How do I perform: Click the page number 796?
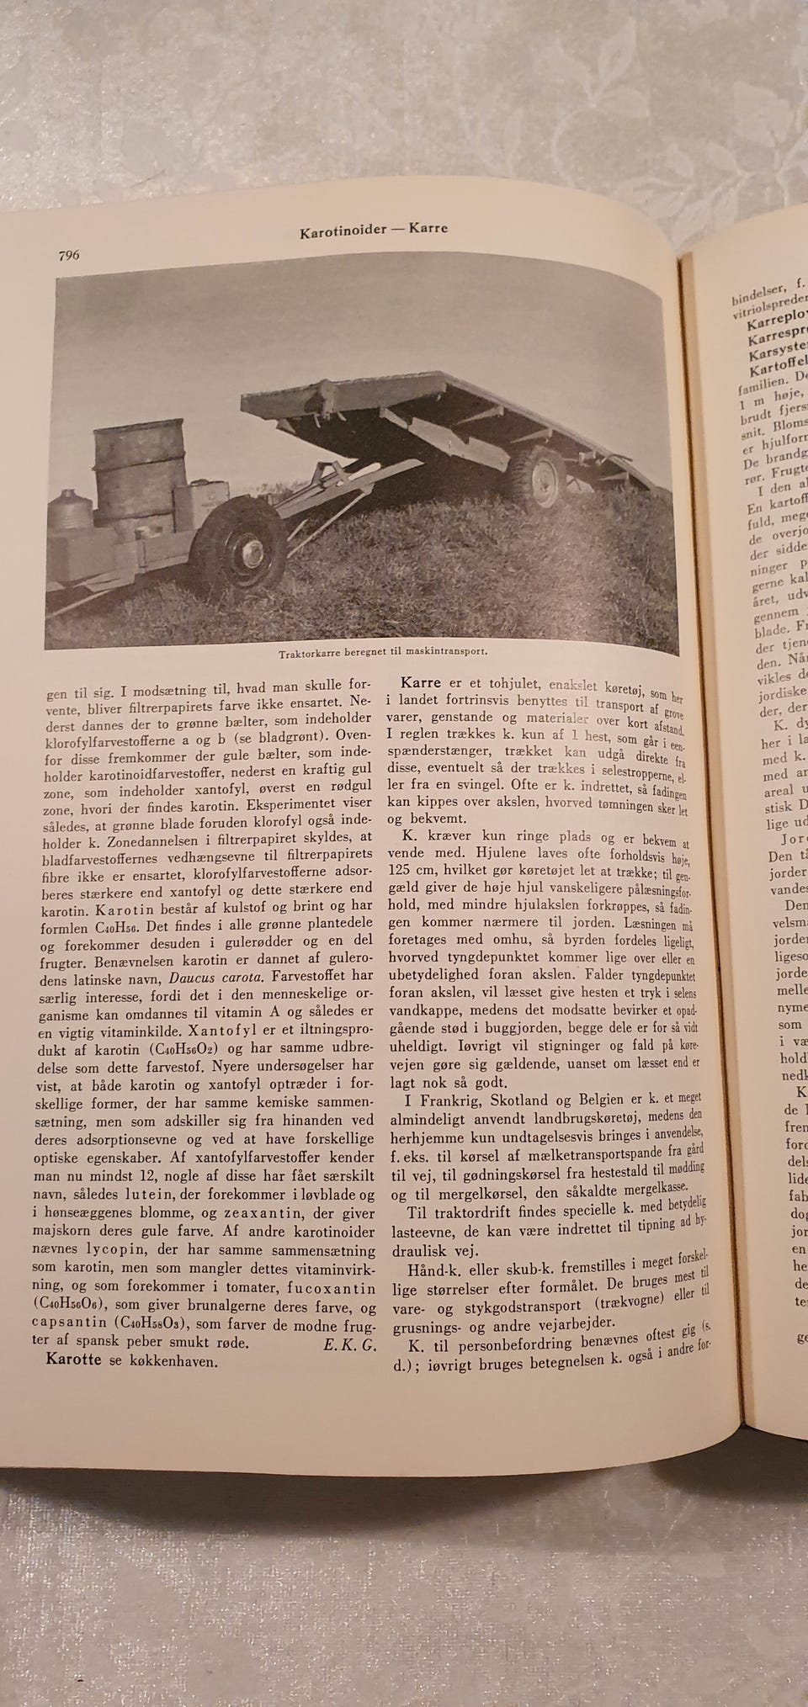click(68, 255)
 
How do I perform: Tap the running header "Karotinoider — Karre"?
click(374, 230)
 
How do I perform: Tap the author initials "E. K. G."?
click(348, 1344)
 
